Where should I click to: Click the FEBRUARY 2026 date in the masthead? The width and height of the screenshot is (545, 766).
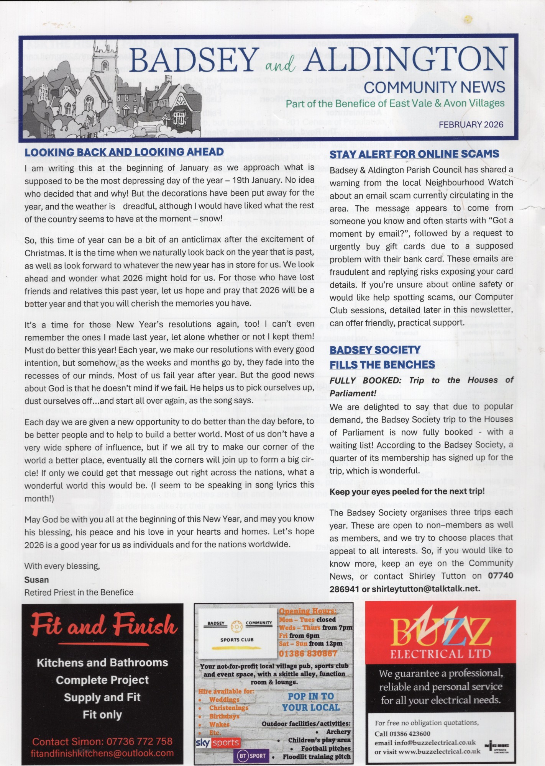(471, 124)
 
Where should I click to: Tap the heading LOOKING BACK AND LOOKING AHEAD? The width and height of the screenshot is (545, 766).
(124, 152)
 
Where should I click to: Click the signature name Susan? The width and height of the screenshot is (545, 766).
(37, 579)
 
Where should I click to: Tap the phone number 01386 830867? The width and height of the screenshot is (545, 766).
(308, 653)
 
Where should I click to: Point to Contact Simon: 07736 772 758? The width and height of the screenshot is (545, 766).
(102, 741)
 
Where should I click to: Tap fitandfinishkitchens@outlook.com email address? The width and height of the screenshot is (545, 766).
(102, 753)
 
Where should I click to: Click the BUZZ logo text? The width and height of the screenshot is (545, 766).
(440, 631)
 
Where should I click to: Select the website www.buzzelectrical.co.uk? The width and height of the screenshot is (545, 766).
(439, 751)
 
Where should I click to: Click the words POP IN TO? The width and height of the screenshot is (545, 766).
(311, 696)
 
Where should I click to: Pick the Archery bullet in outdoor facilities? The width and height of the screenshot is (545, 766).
(338, 732)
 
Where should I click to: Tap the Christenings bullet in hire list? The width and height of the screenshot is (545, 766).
(228, 708)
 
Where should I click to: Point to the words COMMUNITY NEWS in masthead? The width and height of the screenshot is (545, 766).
(434, 87)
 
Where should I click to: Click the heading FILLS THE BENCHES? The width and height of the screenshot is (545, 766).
(382, 364)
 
